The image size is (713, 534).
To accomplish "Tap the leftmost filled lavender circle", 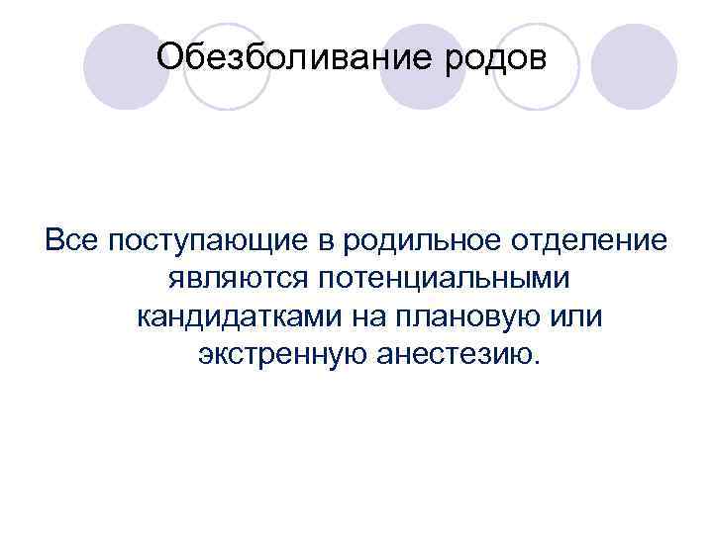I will point(125,65).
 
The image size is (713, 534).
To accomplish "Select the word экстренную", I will point(283,354).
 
